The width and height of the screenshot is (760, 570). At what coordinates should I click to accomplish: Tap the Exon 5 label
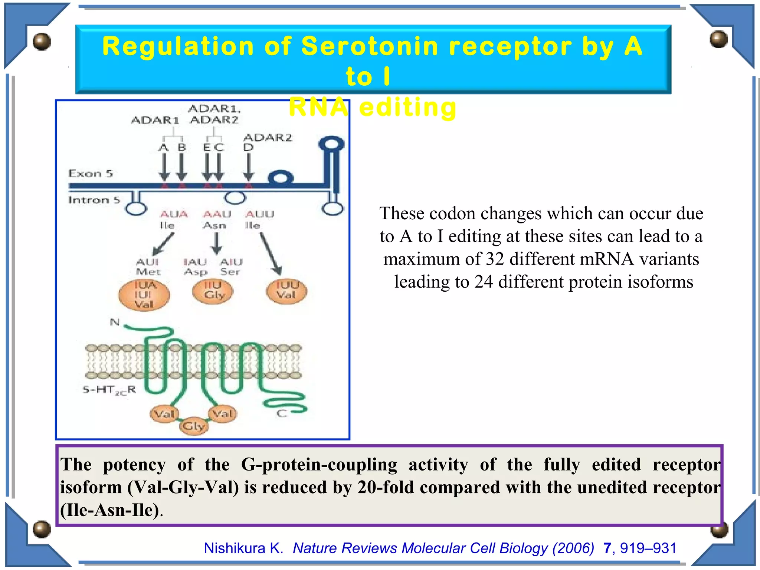[91, 173]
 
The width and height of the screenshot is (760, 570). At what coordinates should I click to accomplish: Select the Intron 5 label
[94, 200]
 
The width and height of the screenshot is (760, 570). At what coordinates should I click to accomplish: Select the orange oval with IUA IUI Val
[144, 295]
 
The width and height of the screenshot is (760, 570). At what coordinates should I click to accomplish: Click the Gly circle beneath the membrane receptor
[194, 426]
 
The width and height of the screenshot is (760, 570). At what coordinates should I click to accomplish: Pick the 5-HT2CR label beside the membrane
[109, 390]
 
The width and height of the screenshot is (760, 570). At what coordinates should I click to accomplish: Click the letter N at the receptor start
[115, 322]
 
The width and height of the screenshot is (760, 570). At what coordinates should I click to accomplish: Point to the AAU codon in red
[217, 214]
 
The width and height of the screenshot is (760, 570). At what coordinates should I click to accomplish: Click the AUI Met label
[148, 267]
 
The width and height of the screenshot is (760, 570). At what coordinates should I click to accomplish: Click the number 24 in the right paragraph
[483, 282]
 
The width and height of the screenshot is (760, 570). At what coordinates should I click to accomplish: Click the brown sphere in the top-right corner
[718, 39]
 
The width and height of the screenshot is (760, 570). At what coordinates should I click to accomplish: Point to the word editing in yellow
[407, 108]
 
